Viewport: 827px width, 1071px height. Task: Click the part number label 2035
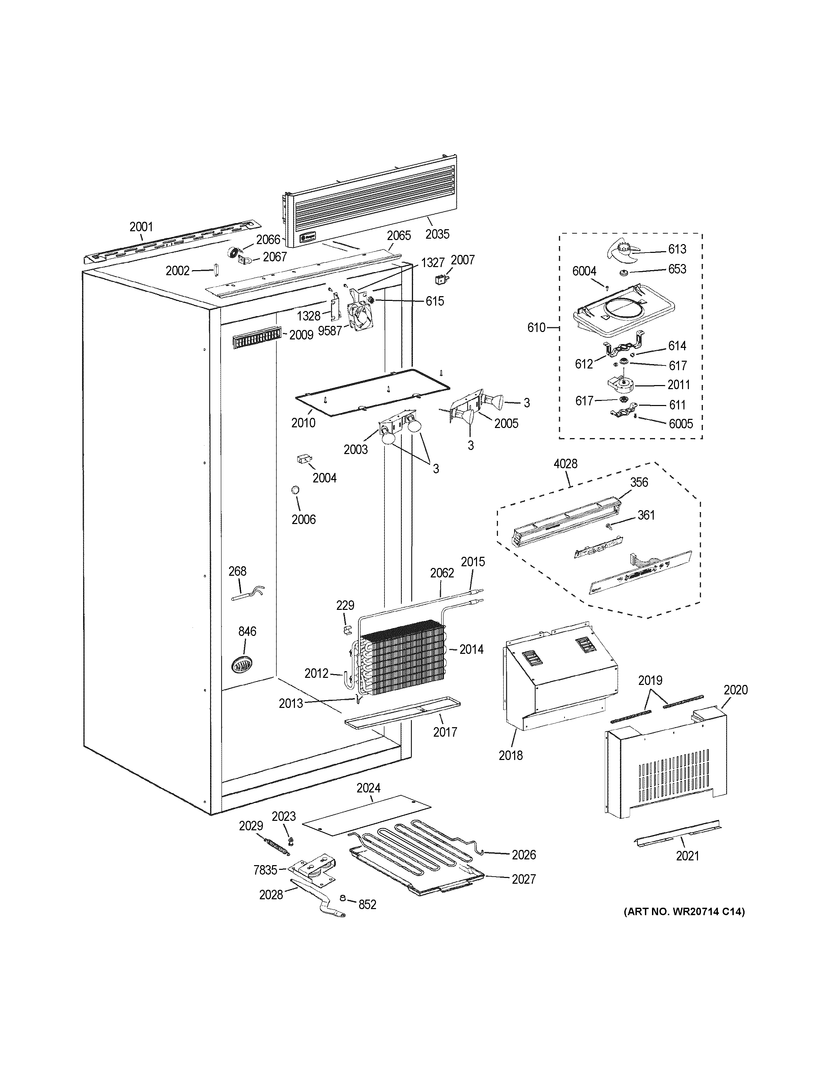tap(437, 234)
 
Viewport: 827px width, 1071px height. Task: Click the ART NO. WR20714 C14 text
tap(684, 912)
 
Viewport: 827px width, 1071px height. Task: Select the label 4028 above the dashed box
tap(566, 464)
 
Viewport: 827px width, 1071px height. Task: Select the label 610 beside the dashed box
tap(536, 328)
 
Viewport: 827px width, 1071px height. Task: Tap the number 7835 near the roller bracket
tap(265, 870)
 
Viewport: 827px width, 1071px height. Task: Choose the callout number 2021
tap(687, 856)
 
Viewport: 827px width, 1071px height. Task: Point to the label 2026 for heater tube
tap(524, 855)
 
